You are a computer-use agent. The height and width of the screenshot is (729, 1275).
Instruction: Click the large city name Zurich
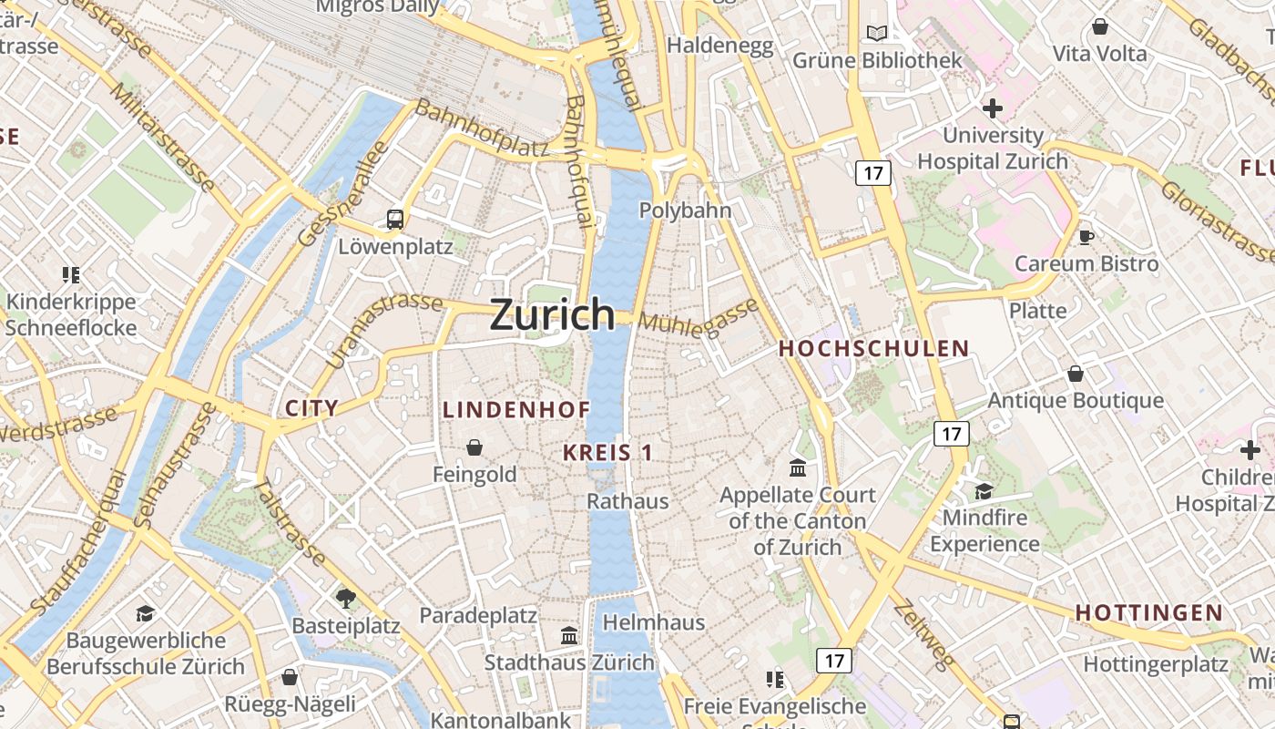point(552,314)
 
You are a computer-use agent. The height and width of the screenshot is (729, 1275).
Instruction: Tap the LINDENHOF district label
point(516,410)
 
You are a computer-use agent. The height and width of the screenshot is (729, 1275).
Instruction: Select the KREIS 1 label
point(607,452)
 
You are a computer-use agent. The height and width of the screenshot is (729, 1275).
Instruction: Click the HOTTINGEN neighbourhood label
point(1148,612)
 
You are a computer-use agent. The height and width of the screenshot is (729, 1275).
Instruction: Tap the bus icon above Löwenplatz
point(395,219)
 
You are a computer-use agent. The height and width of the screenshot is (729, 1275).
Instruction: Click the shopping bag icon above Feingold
point(474,447)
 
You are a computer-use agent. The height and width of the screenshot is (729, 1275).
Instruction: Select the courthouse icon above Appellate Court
point(798,467)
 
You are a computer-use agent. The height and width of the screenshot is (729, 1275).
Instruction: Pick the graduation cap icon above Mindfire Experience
point(984,491)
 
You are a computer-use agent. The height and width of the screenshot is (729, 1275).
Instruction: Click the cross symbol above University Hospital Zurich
point(992,108)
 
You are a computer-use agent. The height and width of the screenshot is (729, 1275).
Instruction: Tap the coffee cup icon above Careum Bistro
point(1086,237)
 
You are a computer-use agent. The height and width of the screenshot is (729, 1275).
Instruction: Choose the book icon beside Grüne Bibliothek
point(876,34)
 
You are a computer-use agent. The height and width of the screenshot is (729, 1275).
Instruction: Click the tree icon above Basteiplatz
point(345,598)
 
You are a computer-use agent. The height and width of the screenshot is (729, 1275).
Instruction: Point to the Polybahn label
point(685,210)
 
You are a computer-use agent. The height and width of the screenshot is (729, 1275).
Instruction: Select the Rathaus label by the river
point(627,500)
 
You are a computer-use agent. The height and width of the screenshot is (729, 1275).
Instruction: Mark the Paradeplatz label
point(478,615)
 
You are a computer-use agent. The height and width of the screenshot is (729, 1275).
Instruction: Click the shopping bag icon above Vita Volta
point(1099,26)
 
